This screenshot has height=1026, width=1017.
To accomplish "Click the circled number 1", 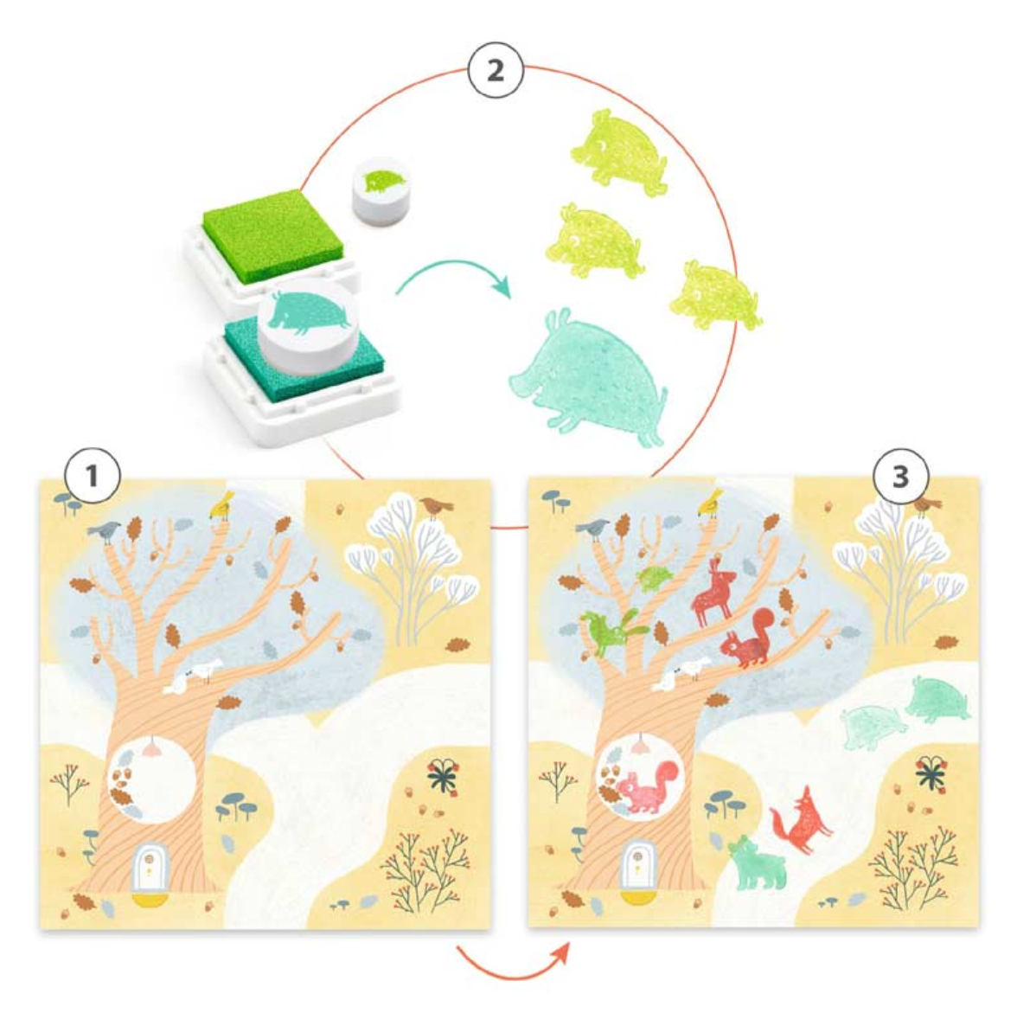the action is click(93, 476).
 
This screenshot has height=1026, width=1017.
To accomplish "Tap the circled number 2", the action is click(496, 70).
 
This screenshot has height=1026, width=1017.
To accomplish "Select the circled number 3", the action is click(900, 477).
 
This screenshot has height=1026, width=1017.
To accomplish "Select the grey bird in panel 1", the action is click(106, 531).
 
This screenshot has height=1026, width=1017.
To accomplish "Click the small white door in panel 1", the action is click(149, 867).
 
